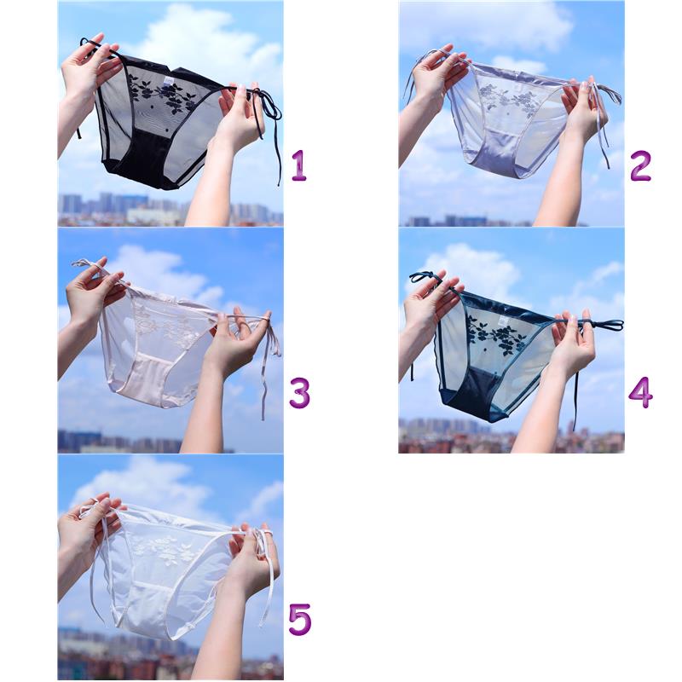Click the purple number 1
[299, 165]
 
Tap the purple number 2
[640, 165]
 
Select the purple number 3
[300, 393]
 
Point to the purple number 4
[640, 393]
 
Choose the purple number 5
[300, 620]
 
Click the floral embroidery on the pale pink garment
[162, 323]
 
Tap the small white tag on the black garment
[167, 80]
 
